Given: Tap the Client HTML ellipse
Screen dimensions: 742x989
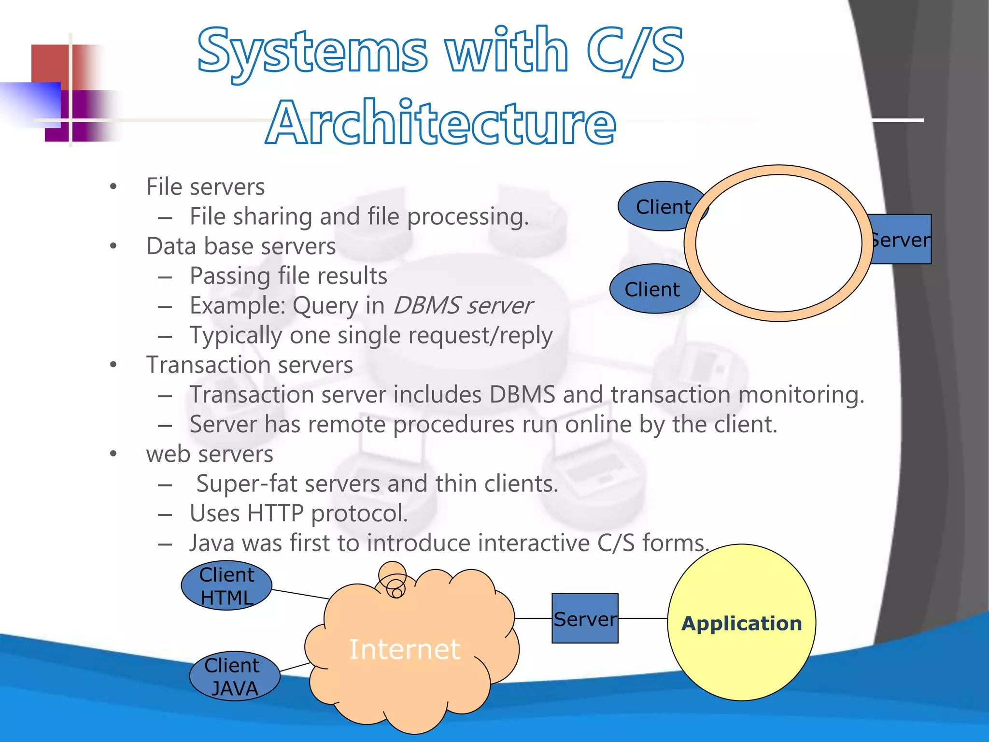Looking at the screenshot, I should click(226, 585).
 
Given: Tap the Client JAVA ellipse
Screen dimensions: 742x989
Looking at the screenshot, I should click(234, 676).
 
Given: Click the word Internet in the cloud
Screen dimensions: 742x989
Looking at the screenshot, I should click(404, 649).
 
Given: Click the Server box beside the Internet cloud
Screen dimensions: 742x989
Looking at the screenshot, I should click(585, 618).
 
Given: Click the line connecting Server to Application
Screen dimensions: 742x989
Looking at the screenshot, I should click(642, 618).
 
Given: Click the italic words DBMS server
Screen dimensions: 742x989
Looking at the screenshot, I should click(463, 306).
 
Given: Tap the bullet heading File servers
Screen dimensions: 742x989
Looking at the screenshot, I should click(205, 187).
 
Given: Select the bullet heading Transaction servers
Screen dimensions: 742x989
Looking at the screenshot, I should click(249, 365).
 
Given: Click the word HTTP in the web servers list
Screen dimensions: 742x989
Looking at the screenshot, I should click(275, 514).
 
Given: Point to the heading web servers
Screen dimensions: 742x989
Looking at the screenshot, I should click(209, 454).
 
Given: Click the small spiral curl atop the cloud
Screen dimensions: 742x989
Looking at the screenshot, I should click(394, 580).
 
